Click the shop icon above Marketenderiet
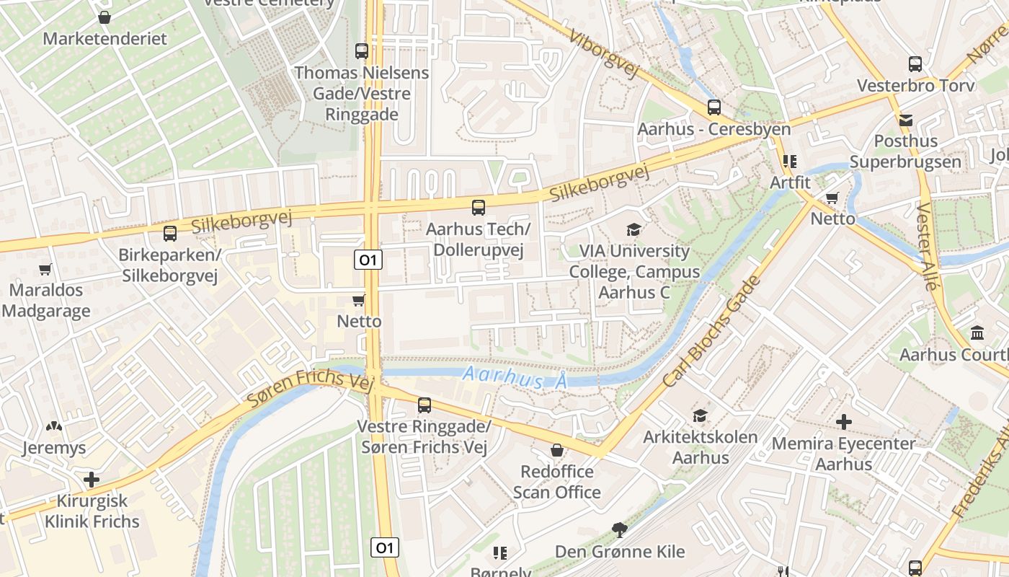click(105, 17)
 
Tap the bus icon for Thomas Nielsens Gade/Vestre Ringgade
click(362, 51)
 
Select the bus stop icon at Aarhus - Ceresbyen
click(714, 107)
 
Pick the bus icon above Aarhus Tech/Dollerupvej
click(478, 208)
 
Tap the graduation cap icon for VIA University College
click(634, 229)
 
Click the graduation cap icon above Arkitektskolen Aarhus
click(700, 415)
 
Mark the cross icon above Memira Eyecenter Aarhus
click(843, 421)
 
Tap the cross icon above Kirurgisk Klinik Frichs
click(92, 479)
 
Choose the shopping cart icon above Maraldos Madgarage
click(45, 269)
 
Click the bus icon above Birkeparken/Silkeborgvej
click(170, 234)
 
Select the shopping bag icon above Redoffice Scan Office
click(556, 450)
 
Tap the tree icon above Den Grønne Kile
click(619, 530)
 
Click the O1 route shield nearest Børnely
click(385, 548)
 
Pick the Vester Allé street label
click(929, 246)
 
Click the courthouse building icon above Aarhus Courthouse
click(978, 333)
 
